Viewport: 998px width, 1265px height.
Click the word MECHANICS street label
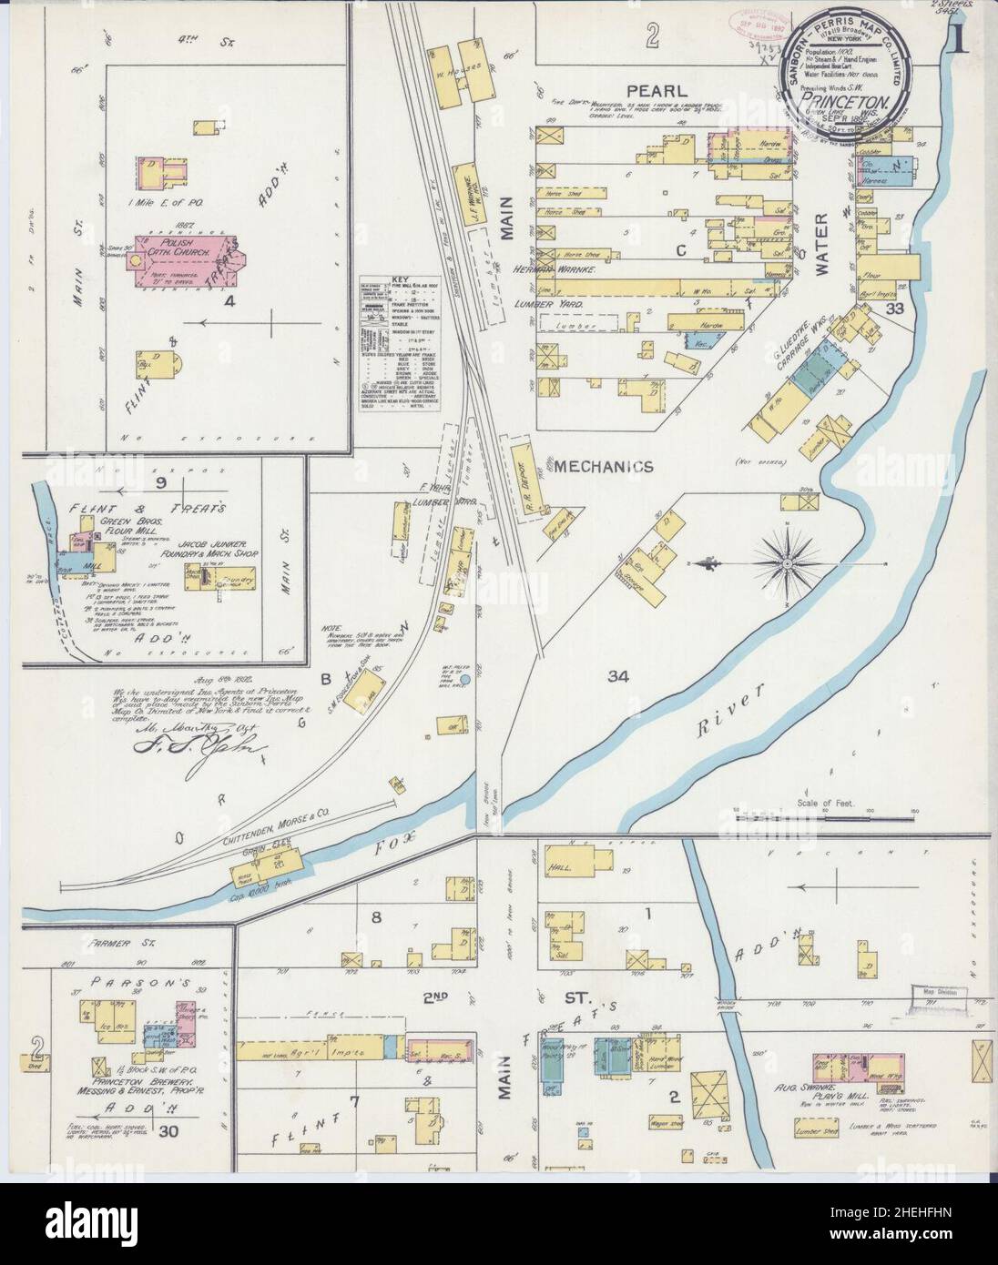[x=604, y=467]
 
